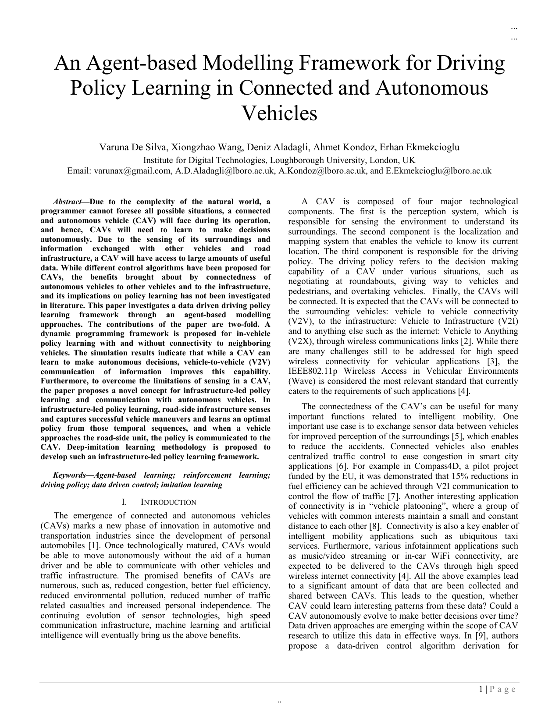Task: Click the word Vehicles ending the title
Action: [279, 113]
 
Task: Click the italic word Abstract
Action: [67, 202]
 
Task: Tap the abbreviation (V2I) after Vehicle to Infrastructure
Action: [508, 321]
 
